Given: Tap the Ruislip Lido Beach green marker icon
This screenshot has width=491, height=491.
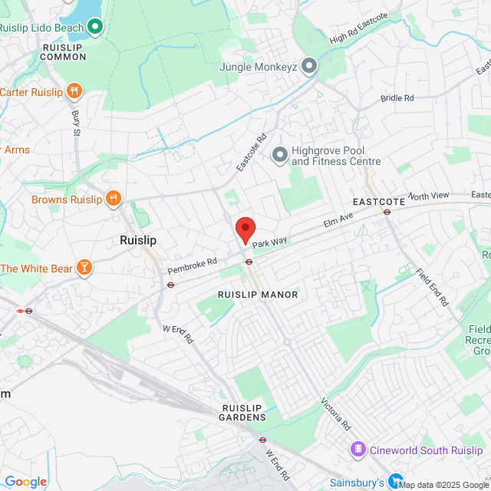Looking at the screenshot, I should tap(95, 28).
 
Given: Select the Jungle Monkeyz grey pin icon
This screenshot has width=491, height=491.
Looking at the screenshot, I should tap(309, 67).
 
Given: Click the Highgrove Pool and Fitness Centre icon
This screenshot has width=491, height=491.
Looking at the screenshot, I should tap(279, 156).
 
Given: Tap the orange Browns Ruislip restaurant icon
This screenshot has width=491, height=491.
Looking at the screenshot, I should tap(114, 199).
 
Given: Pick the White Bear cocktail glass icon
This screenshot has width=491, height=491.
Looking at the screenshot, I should tap(84, 268).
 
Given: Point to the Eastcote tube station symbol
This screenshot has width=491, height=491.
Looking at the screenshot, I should tap(387, 212).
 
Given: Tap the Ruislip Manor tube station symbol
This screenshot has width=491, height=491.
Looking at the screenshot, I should tap(249, 262).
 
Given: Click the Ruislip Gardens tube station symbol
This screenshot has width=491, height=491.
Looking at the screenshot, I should tap(262, 440).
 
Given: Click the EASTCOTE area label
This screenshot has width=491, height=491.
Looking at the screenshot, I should tap(377, 202).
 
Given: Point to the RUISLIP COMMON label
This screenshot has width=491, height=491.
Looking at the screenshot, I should tap(64, 51).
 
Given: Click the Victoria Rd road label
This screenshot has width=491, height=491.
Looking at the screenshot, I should tap(336, 415).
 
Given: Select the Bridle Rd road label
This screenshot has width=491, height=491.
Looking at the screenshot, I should tap(397, 98).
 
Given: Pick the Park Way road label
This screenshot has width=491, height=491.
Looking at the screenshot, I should tap(270, 242).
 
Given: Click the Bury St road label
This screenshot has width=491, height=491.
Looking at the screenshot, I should tap(76, 121).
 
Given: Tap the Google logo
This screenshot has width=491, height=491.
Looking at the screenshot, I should tap(25, 482).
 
